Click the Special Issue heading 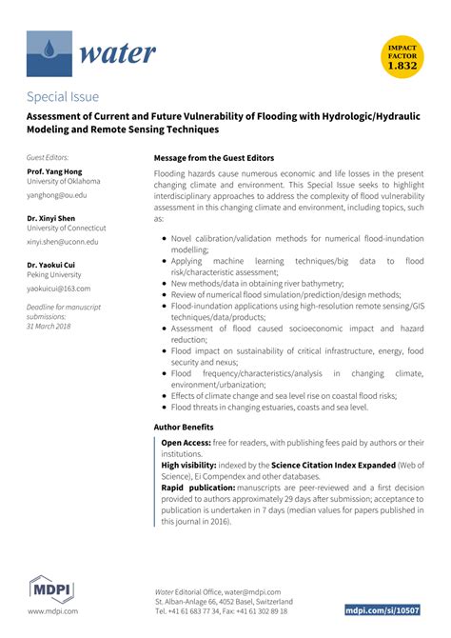63,96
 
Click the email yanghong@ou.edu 56,194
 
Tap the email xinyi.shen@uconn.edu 66,243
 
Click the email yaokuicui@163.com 59,288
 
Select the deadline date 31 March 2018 49,326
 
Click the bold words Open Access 186,443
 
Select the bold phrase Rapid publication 198,488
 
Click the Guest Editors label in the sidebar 48,156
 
